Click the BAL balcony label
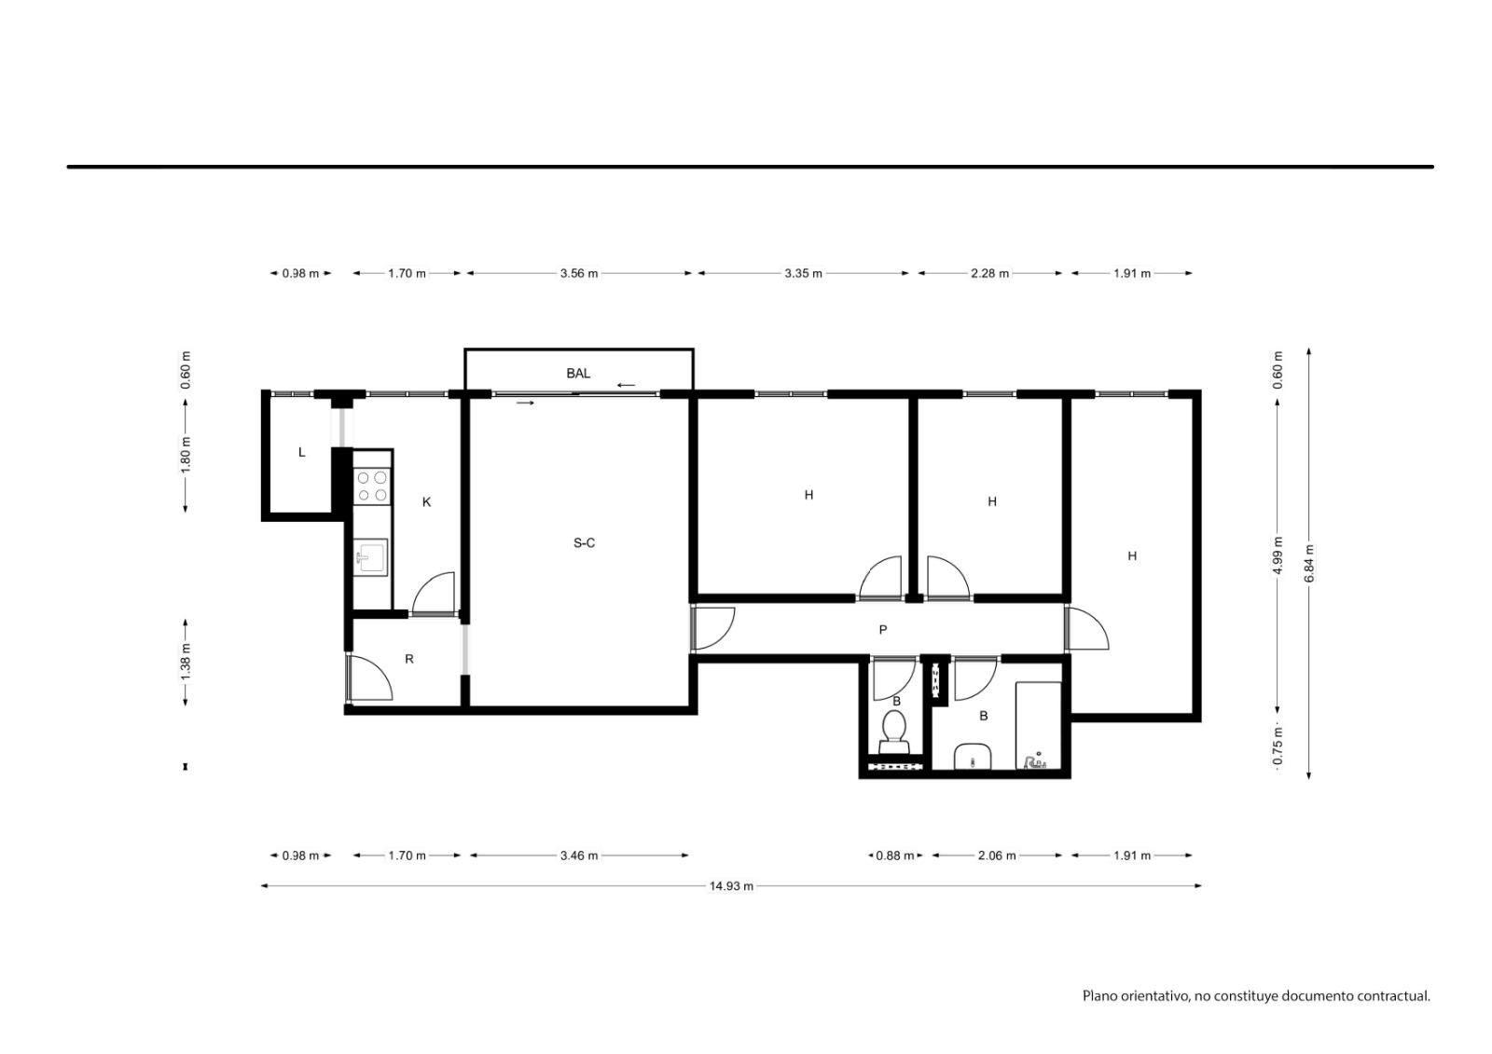577,374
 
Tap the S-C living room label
584,543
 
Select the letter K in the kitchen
426,502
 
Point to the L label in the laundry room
302,453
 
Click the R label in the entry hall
409,659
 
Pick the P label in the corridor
882,630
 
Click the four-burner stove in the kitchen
372,486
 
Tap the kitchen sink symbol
370,557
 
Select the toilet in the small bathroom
894,732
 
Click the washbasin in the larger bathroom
974,757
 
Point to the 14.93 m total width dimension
731,886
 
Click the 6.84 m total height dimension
1309,563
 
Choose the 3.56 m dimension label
579,273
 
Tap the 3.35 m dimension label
803,273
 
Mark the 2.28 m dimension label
989,273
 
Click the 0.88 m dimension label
894,856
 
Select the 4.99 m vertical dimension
1277,555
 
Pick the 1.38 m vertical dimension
186,662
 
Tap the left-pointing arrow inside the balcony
626,385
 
